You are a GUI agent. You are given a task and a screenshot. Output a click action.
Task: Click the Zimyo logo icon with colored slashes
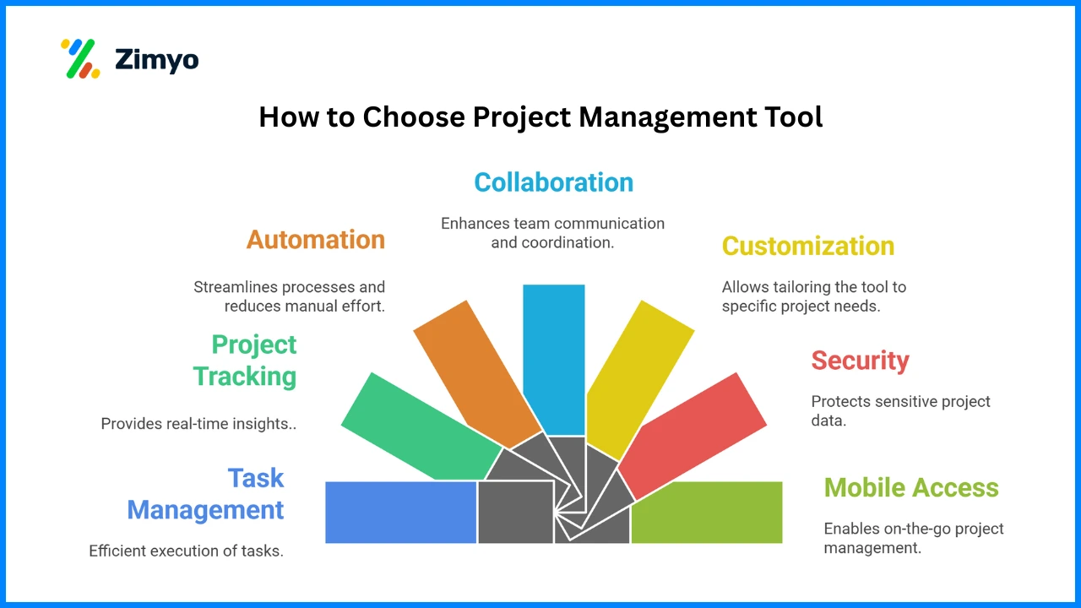(80, 58)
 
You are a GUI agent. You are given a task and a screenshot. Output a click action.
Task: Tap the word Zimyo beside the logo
(157, 60)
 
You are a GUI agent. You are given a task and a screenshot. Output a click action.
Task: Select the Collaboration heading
(553, 182)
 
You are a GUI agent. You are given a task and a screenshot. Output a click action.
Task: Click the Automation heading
(316, 239)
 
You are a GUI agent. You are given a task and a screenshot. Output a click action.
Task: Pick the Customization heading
(808, 246)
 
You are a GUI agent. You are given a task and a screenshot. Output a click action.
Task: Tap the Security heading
(860, 361)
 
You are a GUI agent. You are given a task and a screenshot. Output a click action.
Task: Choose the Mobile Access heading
(911, 487)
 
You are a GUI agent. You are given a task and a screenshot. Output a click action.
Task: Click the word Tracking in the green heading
(245, 377)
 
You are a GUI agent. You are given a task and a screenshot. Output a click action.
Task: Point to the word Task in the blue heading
(256, 478)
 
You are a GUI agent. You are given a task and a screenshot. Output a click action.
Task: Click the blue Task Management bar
(400, 513)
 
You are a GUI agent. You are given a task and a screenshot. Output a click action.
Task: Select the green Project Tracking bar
(420, 427)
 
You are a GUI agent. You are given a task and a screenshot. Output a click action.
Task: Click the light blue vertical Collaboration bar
(554, 360)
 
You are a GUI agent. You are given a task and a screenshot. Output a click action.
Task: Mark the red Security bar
(693, 437)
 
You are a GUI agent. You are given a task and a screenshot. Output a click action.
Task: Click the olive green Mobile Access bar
(707, 513)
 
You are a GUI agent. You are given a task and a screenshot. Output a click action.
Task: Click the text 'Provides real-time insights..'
(198, 424)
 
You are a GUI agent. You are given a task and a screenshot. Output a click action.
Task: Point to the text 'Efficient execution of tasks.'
(187, 551)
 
